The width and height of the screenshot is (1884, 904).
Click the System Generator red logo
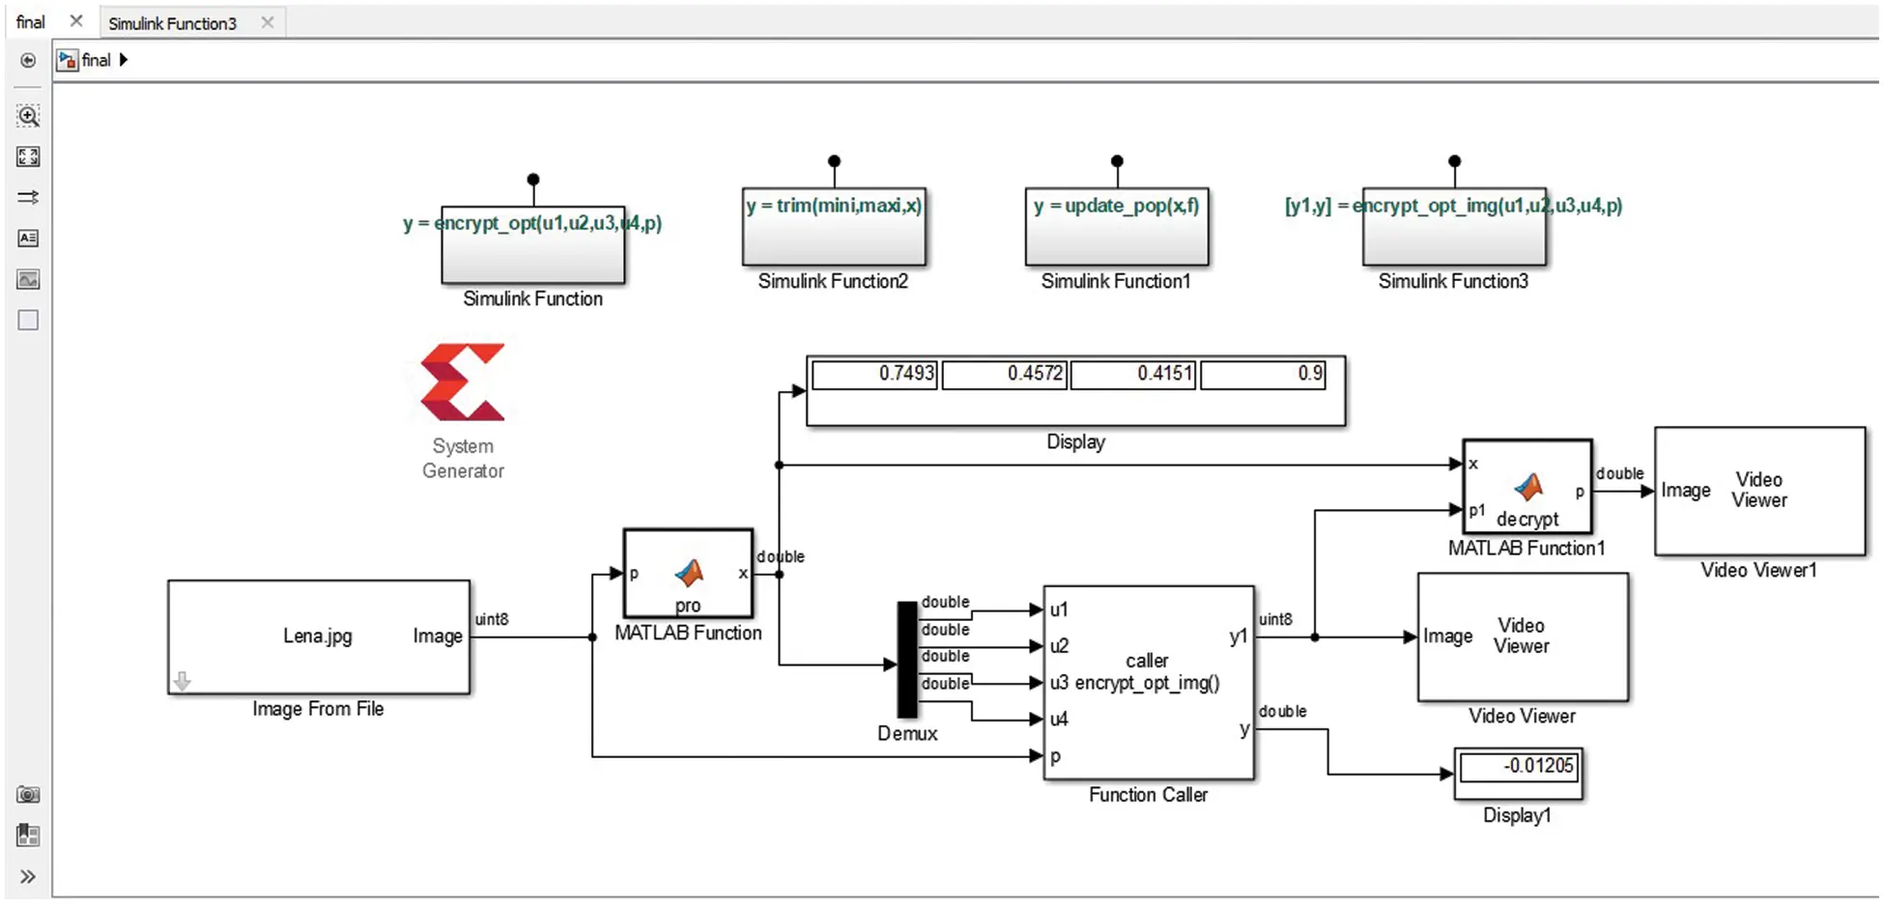pos(462,382)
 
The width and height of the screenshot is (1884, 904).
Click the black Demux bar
pos(907,660)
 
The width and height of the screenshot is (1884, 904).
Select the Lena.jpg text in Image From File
pos(317,636)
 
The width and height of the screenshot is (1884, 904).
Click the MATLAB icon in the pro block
pos(689,574)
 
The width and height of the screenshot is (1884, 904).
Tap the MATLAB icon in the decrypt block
pos(1528,487)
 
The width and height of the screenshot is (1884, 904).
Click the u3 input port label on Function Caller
pos(1059,683)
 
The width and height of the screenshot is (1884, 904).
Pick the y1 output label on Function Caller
pos(1238,636)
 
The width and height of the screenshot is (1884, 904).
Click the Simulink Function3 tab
pos(172,23)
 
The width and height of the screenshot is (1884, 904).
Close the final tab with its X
pos(76,21)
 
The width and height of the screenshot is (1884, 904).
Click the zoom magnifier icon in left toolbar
pos(28,117)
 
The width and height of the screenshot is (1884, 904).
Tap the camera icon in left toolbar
pos(28,795)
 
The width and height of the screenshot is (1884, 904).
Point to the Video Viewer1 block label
pos(1758,571)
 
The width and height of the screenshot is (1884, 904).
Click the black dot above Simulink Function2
pos(834,161)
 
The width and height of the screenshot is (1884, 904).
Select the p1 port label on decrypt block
pos(1477,511)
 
